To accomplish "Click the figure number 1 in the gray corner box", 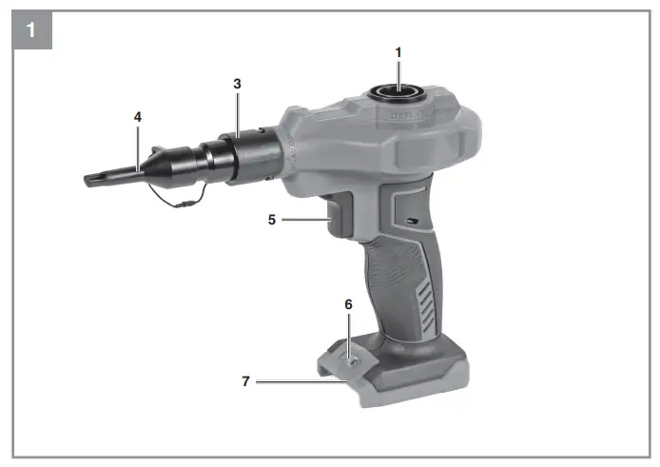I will tap(30, 29).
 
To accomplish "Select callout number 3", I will tap(237, 84).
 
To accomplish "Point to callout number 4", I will tap(138, 116).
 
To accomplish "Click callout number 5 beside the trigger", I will tap(271, 220).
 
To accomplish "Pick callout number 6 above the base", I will tap(348, 304).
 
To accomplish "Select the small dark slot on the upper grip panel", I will tap(410, 221).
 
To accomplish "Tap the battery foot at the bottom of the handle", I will tap(399, 376).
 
